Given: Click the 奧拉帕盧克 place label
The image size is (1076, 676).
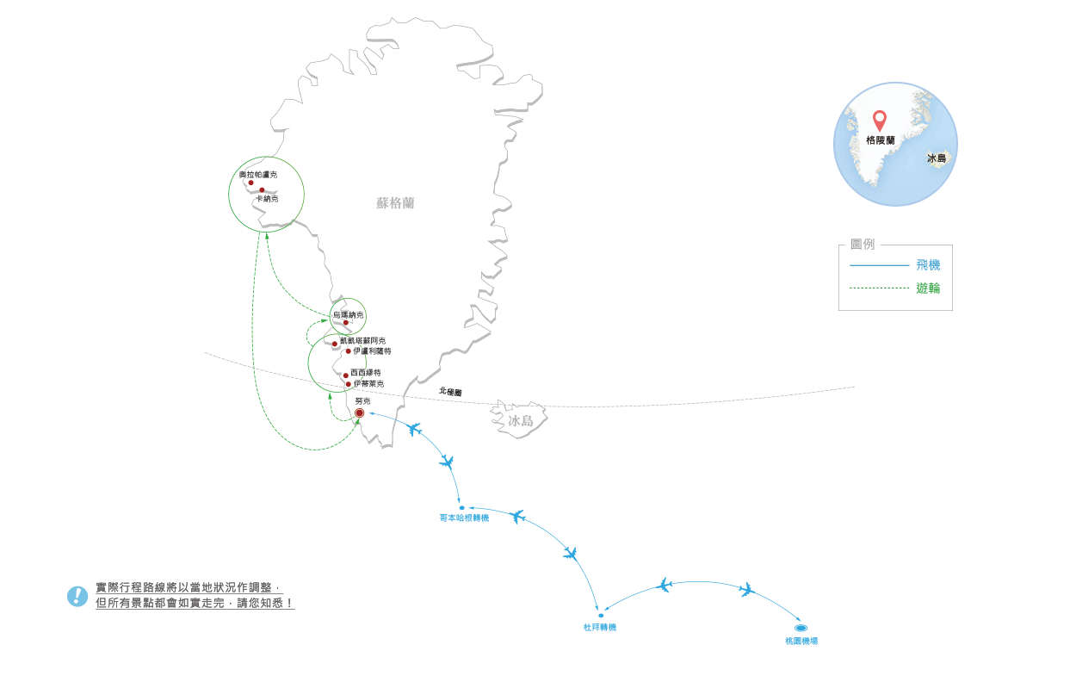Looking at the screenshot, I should tap(259, 175).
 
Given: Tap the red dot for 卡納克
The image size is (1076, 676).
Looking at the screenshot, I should tap(262, 190).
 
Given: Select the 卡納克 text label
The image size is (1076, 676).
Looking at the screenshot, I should tap(267, 199).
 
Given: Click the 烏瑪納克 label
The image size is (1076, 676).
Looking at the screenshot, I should tap(348, 315).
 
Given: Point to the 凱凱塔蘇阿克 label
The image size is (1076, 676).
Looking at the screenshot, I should tap(362, 341).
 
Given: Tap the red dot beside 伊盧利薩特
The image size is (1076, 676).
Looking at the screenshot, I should tap(348, 351).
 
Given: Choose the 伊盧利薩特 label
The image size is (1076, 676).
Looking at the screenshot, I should tap(372, 351).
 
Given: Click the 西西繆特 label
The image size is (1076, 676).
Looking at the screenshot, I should tap(366, 372).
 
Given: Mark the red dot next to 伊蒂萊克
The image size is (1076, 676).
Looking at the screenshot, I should tap(348, 384).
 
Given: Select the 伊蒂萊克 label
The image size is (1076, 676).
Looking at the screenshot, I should tap(368, 384).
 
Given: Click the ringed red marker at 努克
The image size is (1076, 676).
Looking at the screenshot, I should tap(360, 414).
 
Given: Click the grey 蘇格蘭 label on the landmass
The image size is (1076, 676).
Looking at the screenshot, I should tap(395, 203).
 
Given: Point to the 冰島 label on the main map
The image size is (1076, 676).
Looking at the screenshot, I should tap(521, 421).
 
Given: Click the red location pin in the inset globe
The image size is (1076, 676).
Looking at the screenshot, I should tap(879, 120).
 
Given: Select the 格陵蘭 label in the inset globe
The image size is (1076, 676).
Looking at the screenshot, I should tap(881, 140).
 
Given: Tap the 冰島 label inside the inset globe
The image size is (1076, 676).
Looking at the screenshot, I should tap(937, 158).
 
